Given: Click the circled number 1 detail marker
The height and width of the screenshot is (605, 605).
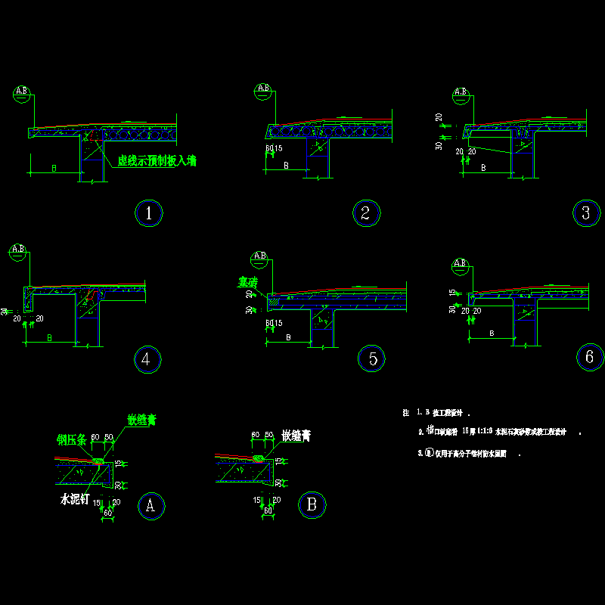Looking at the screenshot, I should click(x=149, y=213).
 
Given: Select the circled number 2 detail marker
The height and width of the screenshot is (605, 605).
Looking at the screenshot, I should click(x=365, y=213).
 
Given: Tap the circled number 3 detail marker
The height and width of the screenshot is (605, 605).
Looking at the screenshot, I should click(x=585, y=213).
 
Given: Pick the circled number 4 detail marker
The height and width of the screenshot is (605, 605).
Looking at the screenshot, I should click(x=146, y=360).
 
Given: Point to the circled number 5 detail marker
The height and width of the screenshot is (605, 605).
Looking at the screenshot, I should click(x=372, y=359).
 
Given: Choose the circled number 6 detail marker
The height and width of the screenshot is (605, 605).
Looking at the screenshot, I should click(x=589, y=357).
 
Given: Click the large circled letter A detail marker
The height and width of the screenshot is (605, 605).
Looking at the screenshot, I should click(x=150, y=505).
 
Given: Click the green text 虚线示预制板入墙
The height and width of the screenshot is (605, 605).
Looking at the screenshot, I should click(x=157, y=161).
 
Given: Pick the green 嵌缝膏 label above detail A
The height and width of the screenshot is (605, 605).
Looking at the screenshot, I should click(x=141, y=420).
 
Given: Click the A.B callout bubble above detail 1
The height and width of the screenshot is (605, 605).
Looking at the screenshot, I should click(x=22, y=93).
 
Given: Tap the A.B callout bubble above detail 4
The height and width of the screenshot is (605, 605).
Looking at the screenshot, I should click(x=18, y=250).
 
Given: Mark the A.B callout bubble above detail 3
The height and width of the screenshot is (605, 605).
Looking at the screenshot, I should click(x=461, y=95).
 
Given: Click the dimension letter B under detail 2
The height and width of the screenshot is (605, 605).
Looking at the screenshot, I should click(x=286, y=165).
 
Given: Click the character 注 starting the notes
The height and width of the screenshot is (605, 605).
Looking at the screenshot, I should click(x=406, y=414).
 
